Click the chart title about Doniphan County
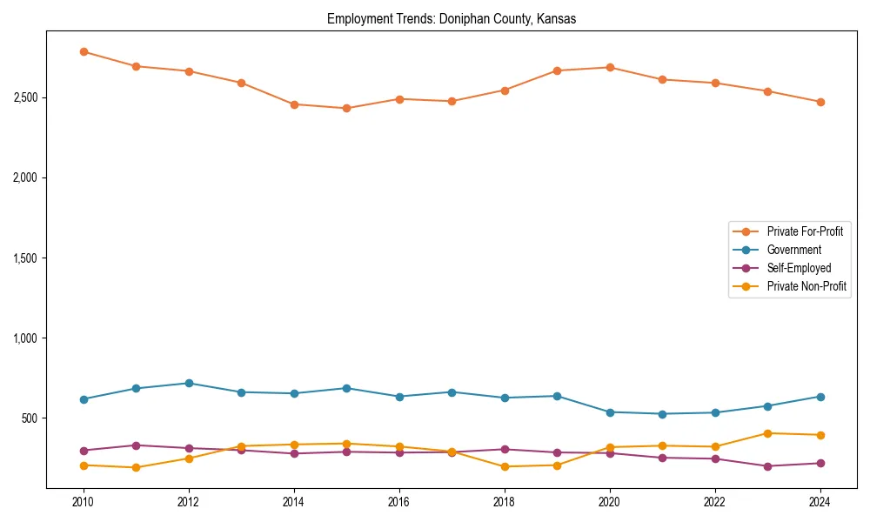451,18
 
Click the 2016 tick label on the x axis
399,502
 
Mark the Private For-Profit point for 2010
84,51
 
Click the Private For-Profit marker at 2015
346,108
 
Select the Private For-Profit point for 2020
610,67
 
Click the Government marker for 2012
189,383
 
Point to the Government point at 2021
662,414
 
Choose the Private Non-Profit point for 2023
767,433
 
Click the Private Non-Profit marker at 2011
136,468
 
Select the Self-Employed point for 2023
767,466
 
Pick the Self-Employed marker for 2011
136,445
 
